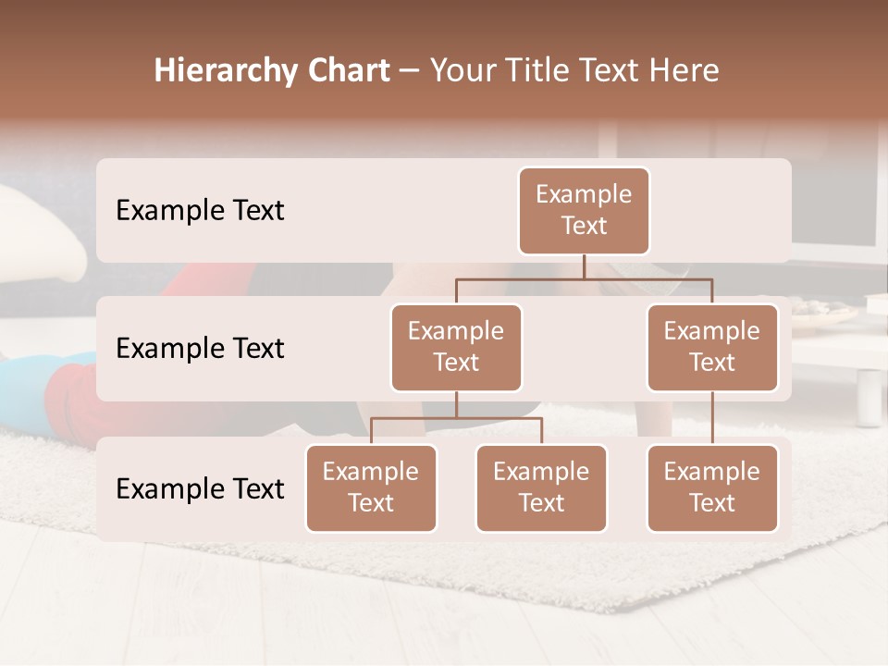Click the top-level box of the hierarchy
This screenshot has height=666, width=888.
(584, 210)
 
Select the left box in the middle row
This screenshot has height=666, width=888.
(456, 347)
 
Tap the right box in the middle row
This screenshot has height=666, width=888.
(712, 347)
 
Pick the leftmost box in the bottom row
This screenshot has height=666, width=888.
(371, 487)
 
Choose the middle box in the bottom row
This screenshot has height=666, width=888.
(541, 487)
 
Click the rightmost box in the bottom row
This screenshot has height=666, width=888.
(712, 487)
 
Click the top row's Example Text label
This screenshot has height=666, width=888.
(200, 210)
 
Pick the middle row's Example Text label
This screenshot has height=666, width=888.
(200, 348)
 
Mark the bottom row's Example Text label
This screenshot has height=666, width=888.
(200, 488)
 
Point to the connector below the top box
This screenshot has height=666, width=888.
(584, 266)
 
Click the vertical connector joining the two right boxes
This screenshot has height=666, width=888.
(712, 418)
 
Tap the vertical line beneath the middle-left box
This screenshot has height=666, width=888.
(456, 405)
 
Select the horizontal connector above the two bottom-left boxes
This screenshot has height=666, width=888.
(456, 418)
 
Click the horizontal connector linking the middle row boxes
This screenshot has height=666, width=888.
(584, 278)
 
